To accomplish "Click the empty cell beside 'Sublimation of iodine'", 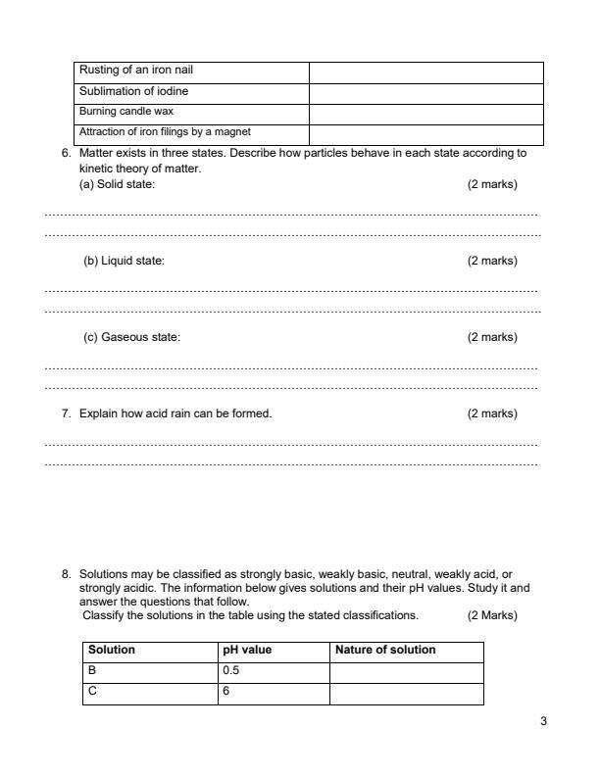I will tap(425, 92).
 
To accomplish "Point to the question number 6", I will tap(65, 154).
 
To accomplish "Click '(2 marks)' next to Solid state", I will tap(492, 184).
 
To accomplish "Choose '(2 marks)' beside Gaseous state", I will tap(492, 337).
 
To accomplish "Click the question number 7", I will tap(65, 413).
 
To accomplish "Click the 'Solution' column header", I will tap(112, 650).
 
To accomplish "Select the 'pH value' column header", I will tap(248, 650).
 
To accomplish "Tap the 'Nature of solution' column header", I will tap(385, 650).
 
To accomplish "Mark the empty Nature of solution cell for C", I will tap(406, 693).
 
